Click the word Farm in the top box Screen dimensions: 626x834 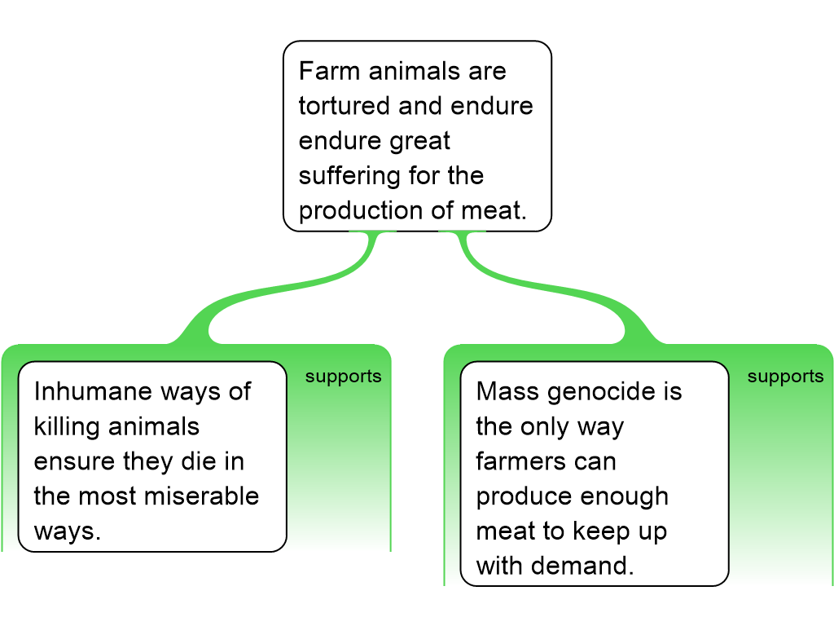330,71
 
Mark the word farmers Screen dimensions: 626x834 522,461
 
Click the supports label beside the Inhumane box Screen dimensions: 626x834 343,377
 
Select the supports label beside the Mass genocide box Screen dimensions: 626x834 785,377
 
